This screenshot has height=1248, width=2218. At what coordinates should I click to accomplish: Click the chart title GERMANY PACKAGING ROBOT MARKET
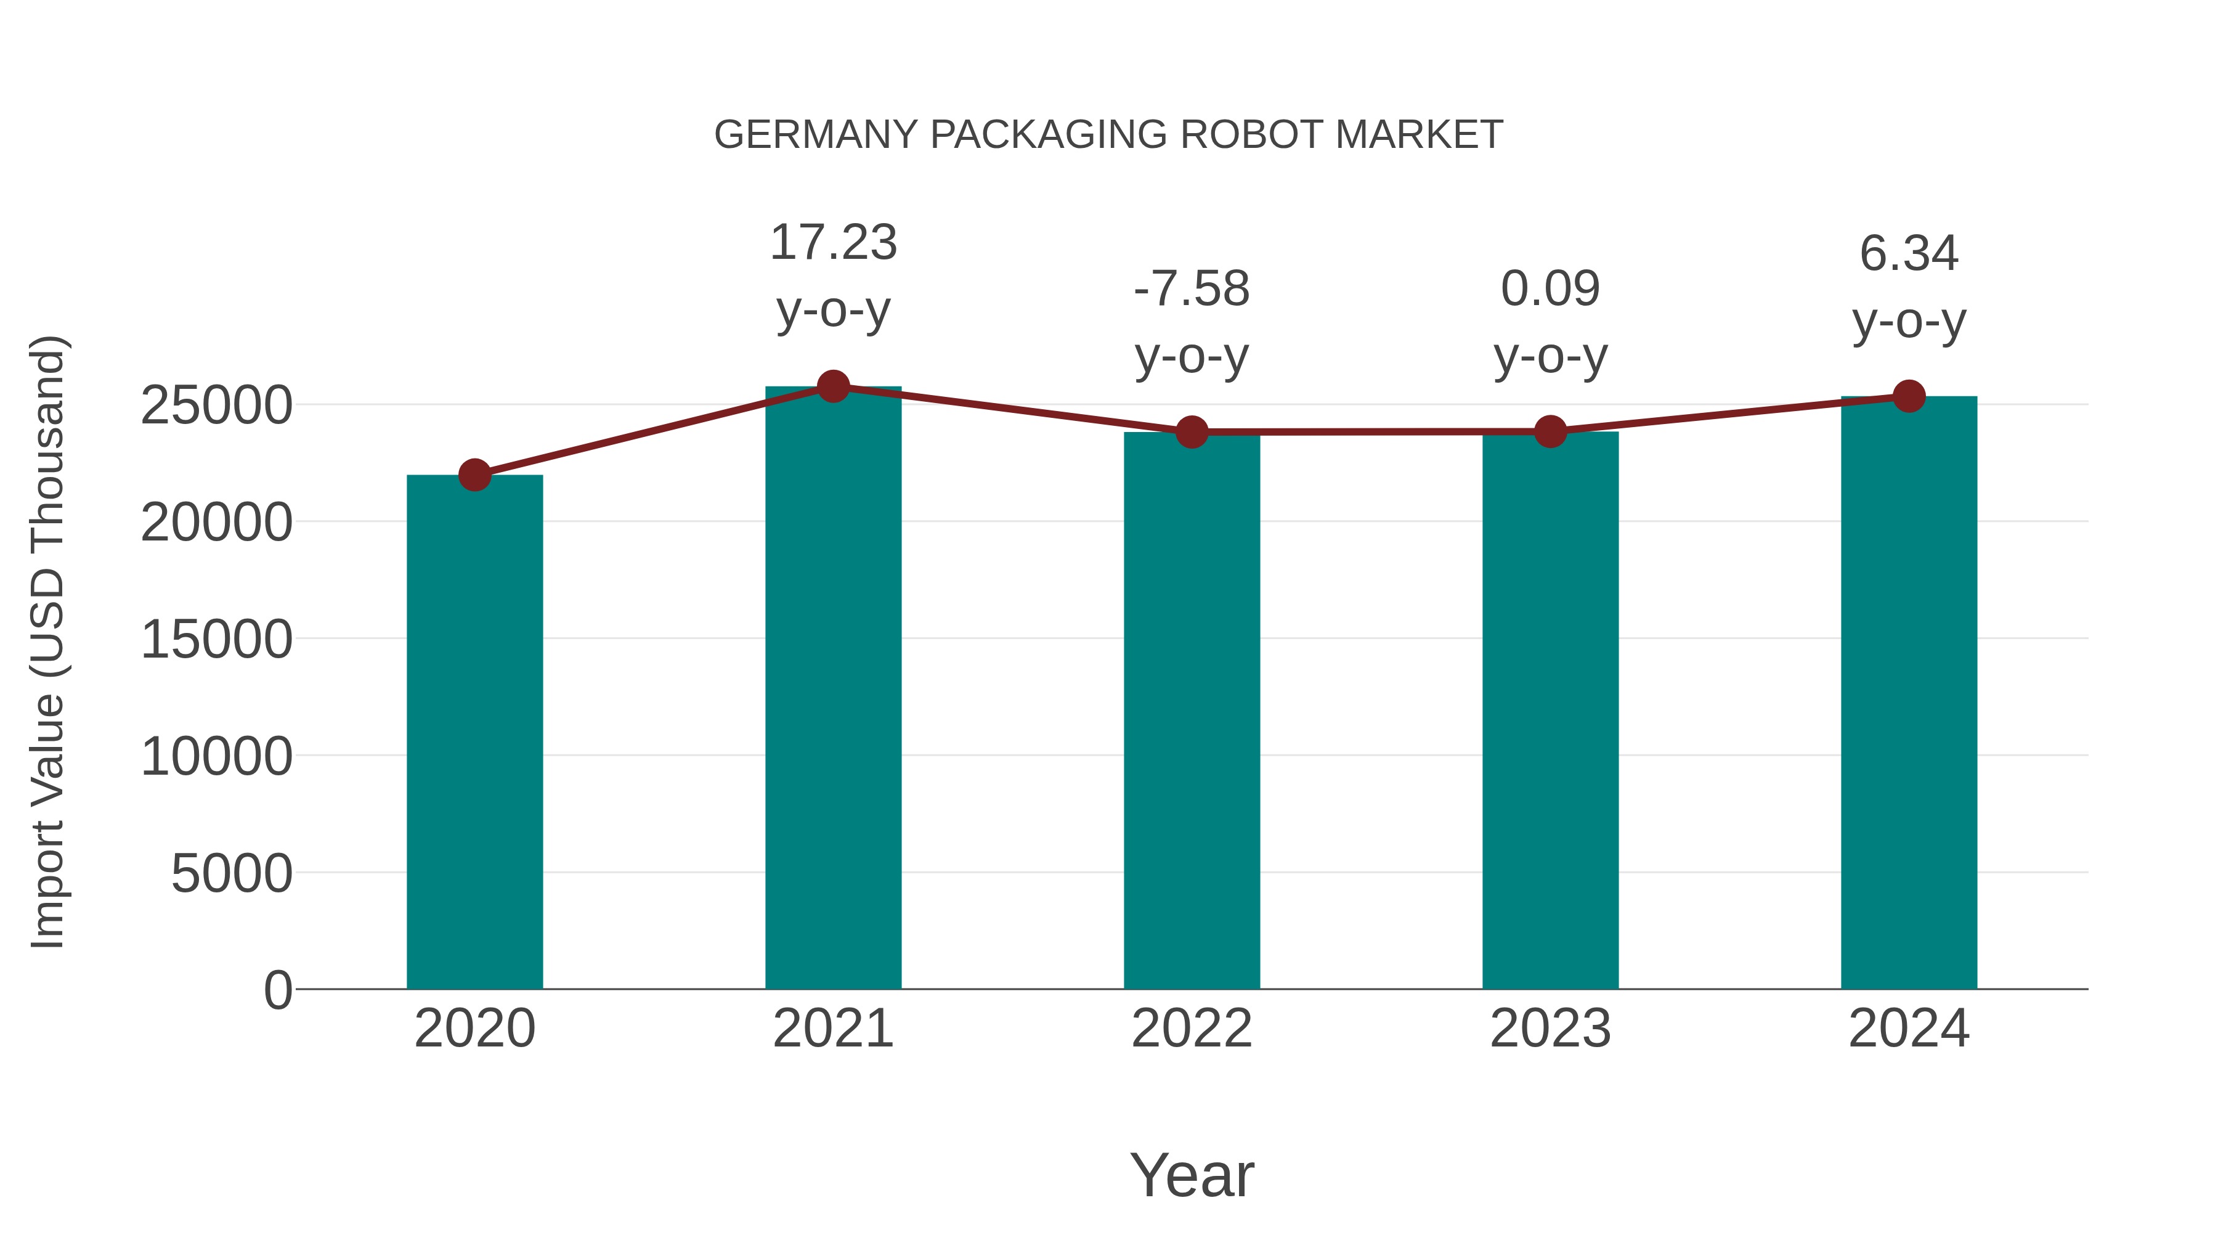[1108, 135]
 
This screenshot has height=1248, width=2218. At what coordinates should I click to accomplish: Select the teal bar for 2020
[474, 732]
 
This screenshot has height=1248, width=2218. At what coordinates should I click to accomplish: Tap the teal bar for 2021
[832, 689]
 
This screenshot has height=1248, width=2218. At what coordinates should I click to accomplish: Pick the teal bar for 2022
[1192, 711]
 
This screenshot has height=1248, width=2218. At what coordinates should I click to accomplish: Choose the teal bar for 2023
[1550, 711]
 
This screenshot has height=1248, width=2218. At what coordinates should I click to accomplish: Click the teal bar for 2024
[1909, 693]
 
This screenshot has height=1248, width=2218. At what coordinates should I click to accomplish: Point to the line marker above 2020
[474, 475]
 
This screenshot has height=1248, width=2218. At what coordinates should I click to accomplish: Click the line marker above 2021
[832, 386]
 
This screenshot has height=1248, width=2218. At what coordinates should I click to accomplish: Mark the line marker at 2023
[1550, 431]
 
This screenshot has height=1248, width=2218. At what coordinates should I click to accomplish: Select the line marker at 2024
[1909, 396]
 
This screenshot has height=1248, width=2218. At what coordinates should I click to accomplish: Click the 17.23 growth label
[832, 243]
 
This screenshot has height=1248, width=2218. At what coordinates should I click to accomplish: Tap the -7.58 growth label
[1192, 290]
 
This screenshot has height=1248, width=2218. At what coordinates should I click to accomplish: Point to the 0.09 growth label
[1550, 290]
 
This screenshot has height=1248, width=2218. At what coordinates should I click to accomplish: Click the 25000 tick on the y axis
[216, 406]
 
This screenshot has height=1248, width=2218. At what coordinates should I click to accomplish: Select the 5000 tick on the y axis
[232, 873]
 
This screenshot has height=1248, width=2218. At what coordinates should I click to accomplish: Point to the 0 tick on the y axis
[278, 990]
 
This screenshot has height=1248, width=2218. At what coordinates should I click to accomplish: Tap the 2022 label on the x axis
[1192, 1029]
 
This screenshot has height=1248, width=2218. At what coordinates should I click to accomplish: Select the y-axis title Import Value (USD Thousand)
[47, 642]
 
